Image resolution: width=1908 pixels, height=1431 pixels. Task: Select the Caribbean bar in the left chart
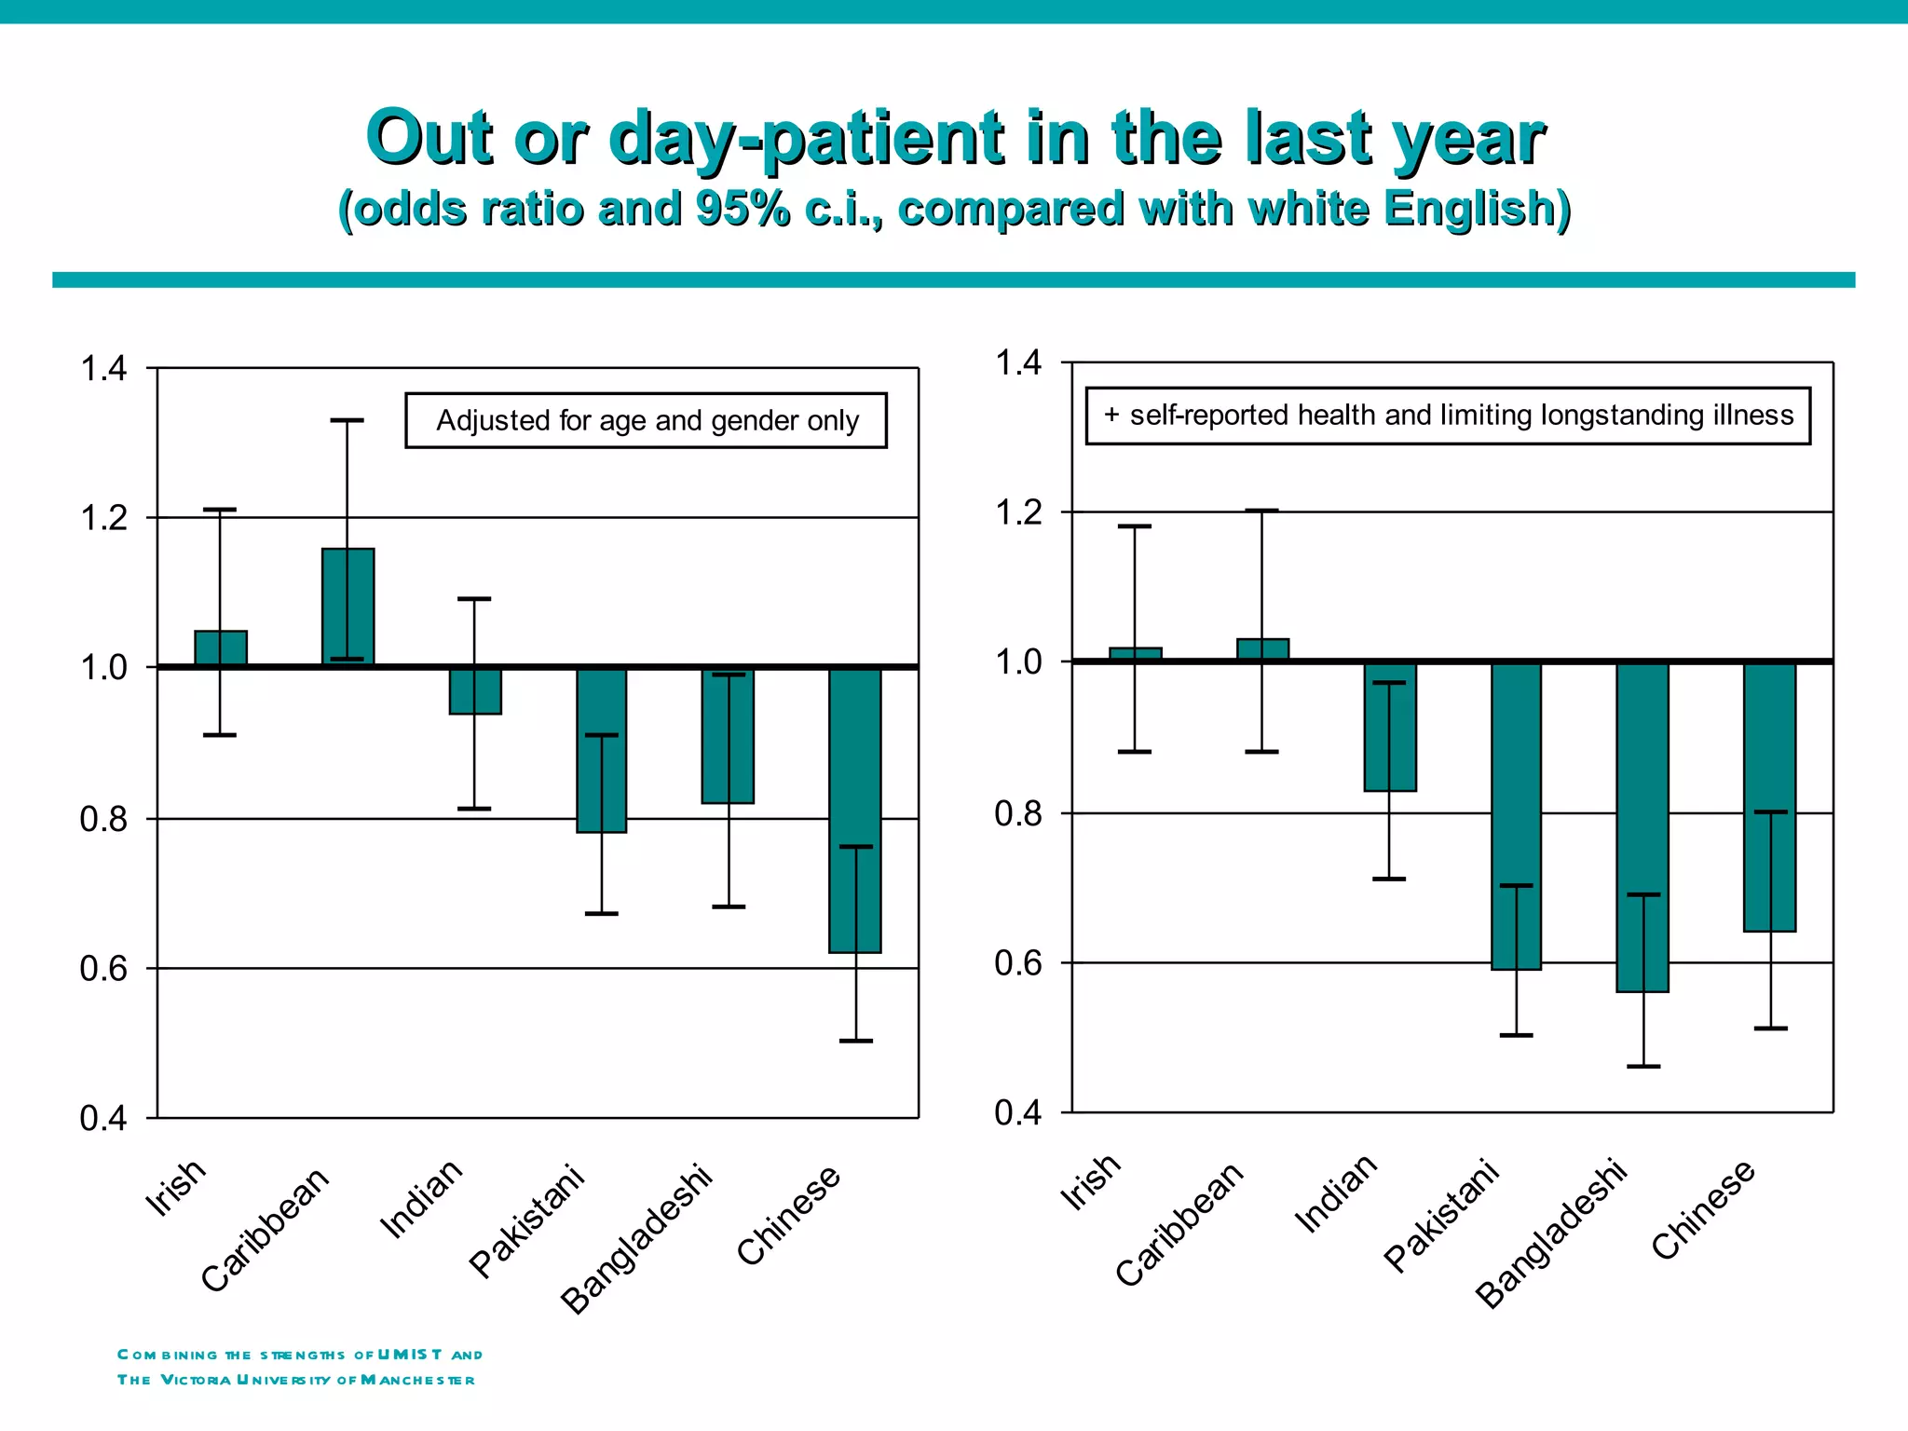[348, 606]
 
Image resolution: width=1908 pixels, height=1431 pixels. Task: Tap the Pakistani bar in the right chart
[1516, 815]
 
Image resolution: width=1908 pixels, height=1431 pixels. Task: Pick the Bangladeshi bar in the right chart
[1642, 826]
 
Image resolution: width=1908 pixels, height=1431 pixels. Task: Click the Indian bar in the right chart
[1389, 727]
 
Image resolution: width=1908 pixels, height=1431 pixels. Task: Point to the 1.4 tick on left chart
[103, 369]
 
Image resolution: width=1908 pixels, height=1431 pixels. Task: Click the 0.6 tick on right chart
[1017, 963]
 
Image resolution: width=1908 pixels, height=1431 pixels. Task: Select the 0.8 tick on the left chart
[103, 820]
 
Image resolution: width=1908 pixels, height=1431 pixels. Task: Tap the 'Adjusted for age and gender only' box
[646, 421]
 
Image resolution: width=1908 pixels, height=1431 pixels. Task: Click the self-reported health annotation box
[1447, 416]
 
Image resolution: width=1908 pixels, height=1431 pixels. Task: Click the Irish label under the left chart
[175, 1188]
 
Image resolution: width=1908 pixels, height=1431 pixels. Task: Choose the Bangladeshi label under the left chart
[636, 1240]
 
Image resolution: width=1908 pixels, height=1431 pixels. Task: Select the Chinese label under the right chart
[1703, 1209]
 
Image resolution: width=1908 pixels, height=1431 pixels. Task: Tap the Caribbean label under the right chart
[1179, 1224]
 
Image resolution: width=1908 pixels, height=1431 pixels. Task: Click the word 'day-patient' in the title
[806, 138]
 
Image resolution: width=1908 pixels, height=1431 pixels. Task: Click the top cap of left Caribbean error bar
[347, 420]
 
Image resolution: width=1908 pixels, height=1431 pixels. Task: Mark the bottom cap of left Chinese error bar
[855, 1041]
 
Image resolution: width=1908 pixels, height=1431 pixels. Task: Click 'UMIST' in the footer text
[410, 1355]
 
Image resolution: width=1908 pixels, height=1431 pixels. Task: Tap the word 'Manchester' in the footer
[417, 1380]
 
